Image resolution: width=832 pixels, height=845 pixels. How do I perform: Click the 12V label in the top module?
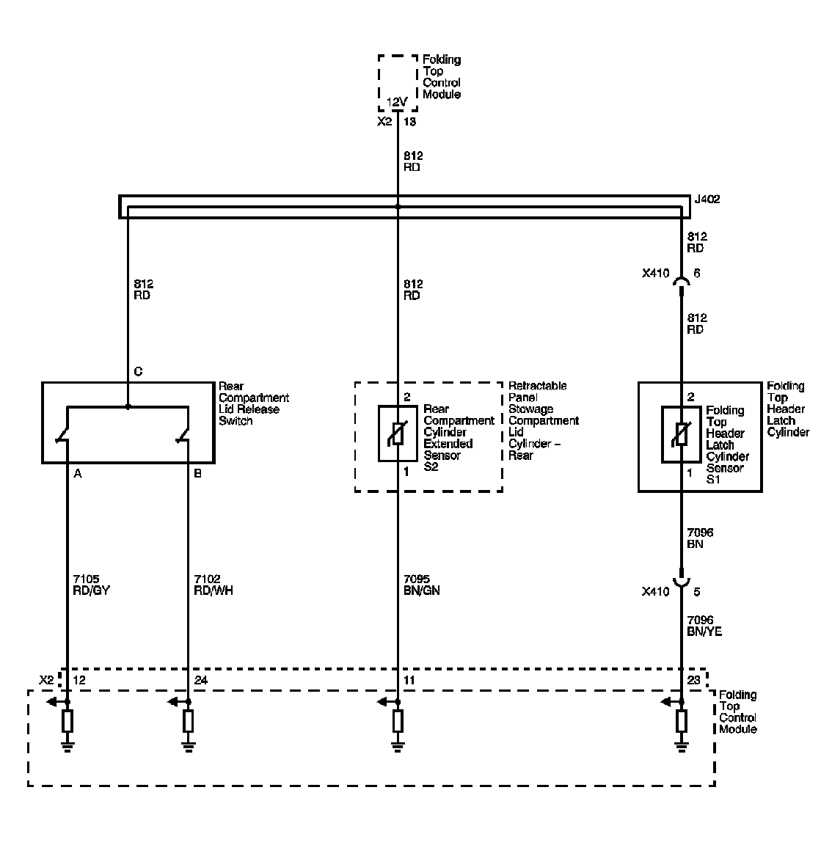point(397,102)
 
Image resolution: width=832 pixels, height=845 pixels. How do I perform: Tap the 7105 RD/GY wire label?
point(92,585)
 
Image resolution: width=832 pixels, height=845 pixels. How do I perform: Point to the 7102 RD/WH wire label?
point(212,585)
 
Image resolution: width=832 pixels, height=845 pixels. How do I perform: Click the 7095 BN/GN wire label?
point(422,585)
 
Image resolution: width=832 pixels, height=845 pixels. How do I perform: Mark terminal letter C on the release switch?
point(138,372)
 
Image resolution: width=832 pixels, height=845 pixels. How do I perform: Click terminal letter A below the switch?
point(78,474)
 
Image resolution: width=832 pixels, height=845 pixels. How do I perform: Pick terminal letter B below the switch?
point(197,474)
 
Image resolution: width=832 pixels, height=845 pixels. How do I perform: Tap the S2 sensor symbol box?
point(398,434)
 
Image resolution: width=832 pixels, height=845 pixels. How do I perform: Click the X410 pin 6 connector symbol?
point(681,282)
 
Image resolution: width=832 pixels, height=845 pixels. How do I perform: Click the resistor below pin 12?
point(67,722)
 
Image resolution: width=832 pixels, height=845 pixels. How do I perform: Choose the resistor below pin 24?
point(189,722)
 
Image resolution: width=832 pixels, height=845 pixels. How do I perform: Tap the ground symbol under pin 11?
point(398,747)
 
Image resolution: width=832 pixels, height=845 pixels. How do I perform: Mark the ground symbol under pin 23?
point(681,747)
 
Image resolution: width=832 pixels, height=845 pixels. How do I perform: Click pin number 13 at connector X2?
point(410,122)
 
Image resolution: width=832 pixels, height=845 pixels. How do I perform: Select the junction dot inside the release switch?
point(128,406)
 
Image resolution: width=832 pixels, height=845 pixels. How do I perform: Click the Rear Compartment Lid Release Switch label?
point(253,403)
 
